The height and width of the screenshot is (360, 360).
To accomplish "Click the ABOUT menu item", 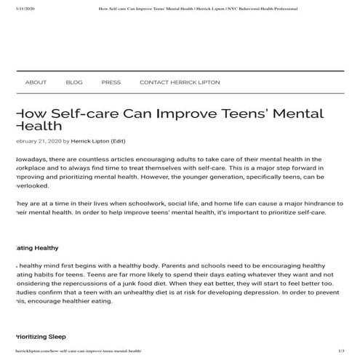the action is [x=36, y=82].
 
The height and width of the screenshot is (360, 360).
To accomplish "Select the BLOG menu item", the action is [x=74, y=82].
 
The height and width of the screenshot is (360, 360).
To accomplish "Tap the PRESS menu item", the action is [x=111, y=82].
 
